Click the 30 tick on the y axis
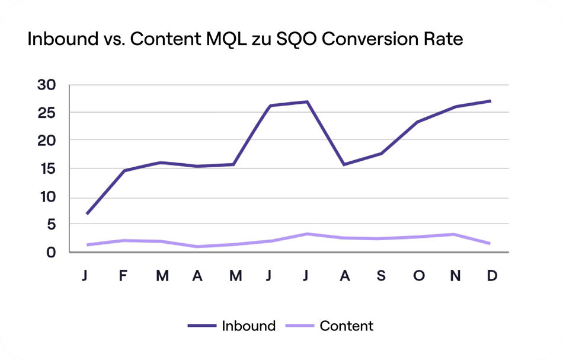coord(46,85)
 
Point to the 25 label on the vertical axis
coord(46,112)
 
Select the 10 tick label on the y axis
coord(46,197)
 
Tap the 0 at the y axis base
coord(51,252)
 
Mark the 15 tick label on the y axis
coord(46,169)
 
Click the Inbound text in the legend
coord(248,326)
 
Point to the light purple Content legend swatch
coord(300,326)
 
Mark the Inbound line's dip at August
coord(344,164)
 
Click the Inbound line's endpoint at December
coord(491,101)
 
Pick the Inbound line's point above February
coord(123,171)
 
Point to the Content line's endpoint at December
coord(491,244)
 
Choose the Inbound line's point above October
coord(418,122)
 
